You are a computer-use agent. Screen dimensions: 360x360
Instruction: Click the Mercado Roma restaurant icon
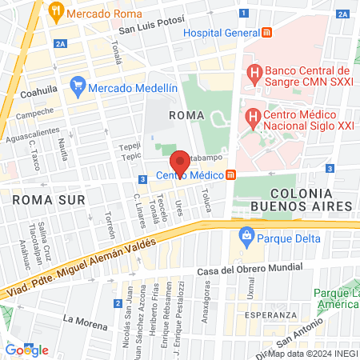55,13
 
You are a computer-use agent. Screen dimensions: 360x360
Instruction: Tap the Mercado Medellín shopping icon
78,83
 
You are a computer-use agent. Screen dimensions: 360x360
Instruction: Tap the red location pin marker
180,164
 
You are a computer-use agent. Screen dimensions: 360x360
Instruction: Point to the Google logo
27,350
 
